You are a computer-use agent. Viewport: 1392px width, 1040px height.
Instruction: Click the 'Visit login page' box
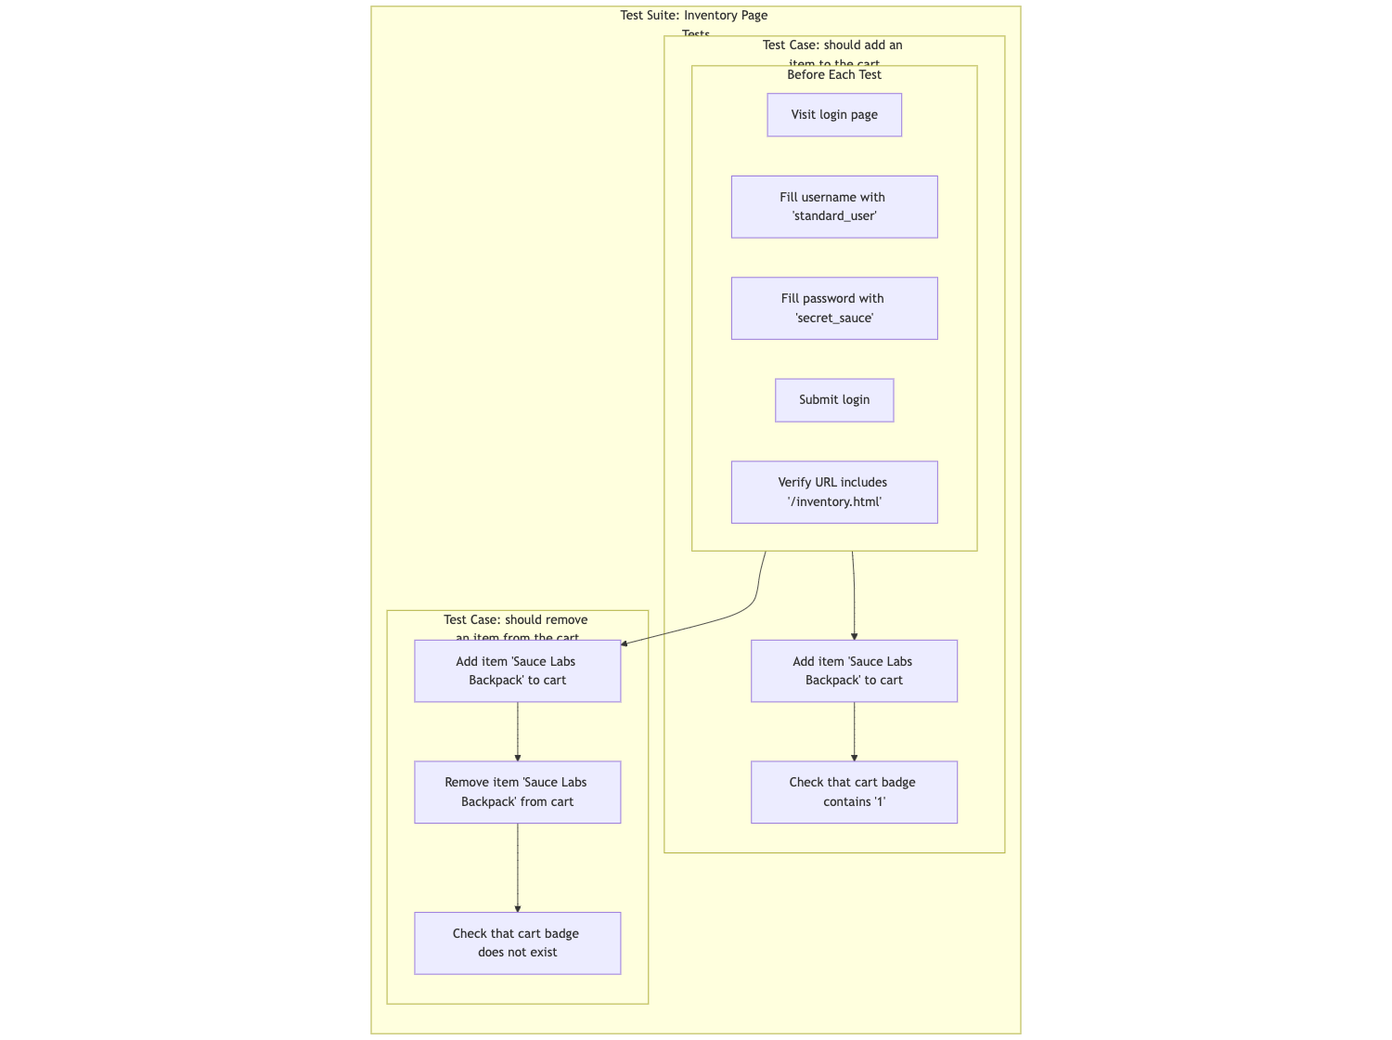833,115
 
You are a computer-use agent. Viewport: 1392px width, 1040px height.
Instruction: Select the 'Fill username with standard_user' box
833,207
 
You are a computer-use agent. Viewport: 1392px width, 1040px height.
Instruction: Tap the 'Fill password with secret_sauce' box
833,308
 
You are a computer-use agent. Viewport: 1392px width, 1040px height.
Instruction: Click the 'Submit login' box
833,400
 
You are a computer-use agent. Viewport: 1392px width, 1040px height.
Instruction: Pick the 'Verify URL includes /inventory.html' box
833,492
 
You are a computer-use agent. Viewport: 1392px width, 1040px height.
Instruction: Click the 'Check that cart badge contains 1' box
854,792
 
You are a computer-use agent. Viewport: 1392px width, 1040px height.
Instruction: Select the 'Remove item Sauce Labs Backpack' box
517,792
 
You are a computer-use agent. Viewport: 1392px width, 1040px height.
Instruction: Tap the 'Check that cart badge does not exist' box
517,943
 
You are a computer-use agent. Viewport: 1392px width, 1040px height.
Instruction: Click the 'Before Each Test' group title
833,75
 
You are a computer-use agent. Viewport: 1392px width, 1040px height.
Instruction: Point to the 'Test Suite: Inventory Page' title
694,16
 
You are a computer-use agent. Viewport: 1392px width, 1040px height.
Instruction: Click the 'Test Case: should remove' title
516,620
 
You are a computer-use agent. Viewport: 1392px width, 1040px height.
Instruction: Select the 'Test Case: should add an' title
832,45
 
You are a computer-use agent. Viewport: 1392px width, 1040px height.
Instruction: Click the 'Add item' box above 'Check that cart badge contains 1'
854,671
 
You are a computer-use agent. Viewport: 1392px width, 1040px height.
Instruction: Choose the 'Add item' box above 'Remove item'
517,671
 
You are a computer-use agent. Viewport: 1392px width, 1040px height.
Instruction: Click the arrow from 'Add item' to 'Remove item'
517,732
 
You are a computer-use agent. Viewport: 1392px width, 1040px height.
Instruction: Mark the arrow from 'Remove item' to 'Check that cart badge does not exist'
517,867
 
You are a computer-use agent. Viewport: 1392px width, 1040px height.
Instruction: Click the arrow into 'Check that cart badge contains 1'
854,732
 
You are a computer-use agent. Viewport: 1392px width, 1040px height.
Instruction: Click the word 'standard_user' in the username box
834,216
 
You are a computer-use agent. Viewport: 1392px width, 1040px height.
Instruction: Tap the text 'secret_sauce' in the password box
834,318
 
